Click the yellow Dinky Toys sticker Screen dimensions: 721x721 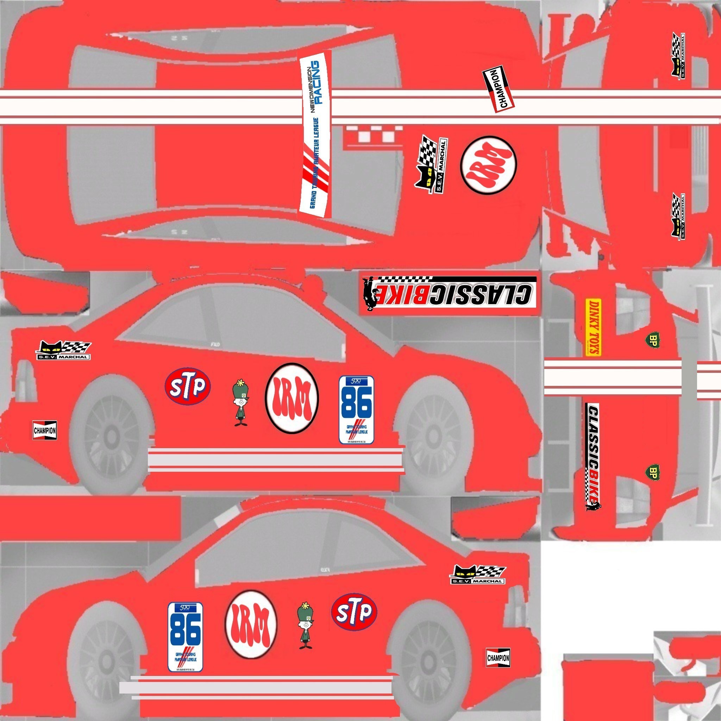(593, 328)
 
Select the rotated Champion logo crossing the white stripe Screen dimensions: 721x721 (499, 89)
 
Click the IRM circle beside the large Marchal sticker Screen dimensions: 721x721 (489, 164)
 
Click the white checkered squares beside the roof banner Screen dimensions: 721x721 (373, 133)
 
